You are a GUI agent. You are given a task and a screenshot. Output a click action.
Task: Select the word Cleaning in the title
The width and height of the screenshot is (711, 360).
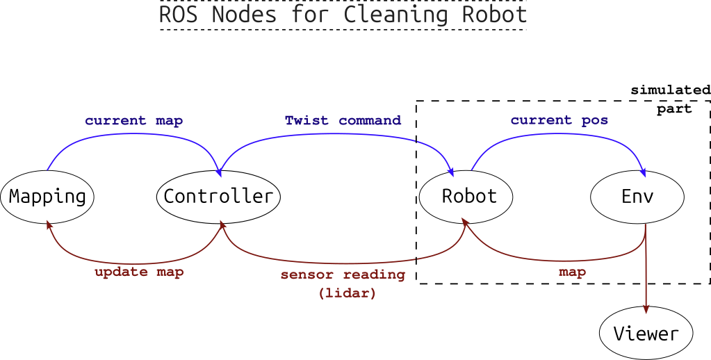(397, 14)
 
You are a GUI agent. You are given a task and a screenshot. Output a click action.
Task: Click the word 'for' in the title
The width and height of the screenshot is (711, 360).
(310, 14)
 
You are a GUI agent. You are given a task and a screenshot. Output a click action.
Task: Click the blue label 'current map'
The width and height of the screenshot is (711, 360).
(134, 121)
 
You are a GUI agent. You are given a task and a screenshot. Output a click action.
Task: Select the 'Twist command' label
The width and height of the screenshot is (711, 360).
(343, 121)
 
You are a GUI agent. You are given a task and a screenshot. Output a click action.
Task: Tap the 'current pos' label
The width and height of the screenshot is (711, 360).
(559, 121)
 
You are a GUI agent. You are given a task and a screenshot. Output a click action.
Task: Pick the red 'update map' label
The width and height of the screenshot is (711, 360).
(139, 272)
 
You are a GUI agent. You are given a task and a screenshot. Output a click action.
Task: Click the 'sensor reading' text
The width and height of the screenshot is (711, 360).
(343, 275)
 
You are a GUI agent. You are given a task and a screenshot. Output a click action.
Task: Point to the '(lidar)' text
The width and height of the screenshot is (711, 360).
(348, 293)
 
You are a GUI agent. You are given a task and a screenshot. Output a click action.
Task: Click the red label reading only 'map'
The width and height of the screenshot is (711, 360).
(572, 272)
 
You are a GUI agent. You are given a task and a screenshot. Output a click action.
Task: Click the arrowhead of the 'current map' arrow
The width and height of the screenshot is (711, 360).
(219, 172)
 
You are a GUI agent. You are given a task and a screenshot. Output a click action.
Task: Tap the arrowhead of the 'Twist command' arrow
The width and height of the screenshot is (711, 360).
(452, 172)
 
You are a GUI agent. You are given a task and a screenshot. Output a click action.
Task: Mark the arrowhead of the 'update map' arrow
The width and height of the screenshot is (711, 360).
(49, 224)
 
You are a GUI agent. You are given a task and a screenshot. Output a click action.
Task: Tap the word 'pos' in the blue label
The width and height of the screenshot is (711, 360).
(595, 121)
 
